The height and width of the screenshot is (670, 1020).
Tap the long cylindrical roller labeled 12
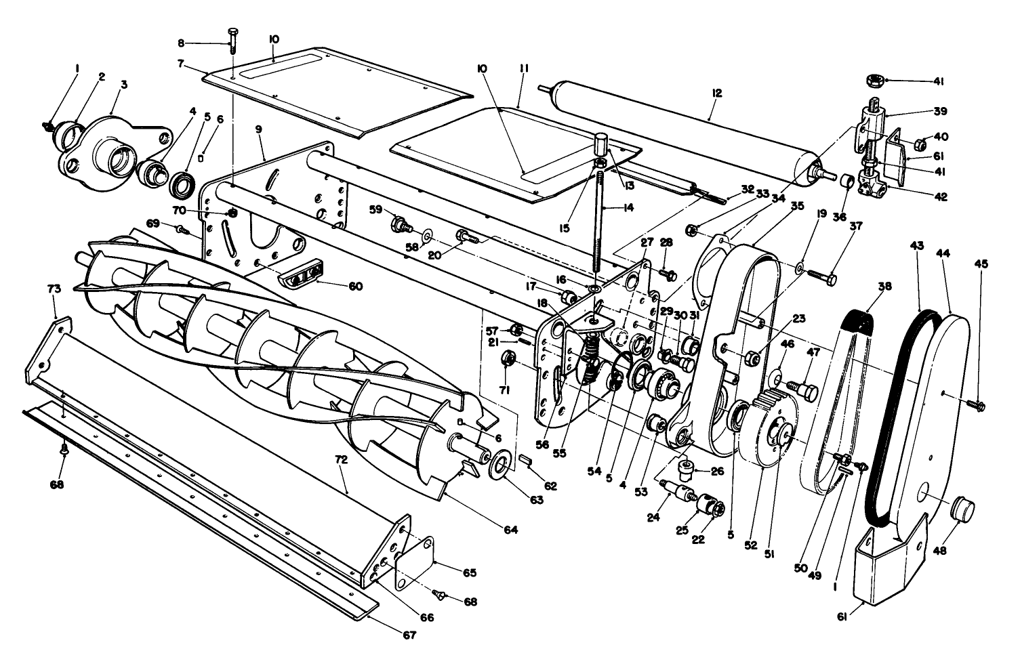coord(678,129)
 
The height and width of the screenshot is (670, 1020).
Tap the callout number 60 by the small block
coord(355,287)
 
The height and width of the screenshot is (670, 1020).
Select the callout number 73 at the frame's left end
coord(54,289)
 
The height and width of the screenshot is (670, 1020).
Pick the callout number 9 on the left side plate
coord(259,129)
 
